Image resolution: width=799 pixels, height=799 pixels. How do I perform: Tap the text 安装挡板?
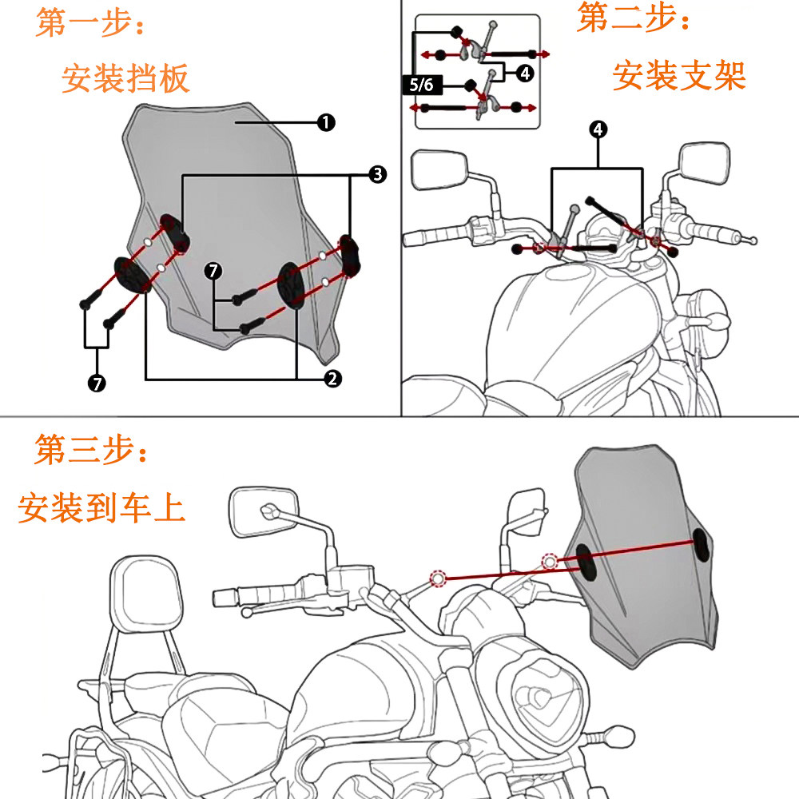click(x=125, y=79)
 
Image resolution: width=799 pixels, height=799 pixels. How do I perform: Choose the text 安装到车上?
click(x=101, y=508)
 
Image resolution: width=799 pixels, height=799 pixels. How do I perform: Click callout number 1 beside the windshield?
click(x=326, y=122)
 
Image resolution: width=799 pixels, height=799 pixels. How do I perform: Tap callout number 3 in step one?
click(x=377, y=174)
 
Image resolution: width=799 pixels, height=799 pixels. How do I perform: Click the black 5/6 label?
click(x=421, y=85)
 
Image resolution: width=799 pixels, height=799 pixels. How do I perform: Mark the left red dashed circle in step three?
click(x=438, y=578)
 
